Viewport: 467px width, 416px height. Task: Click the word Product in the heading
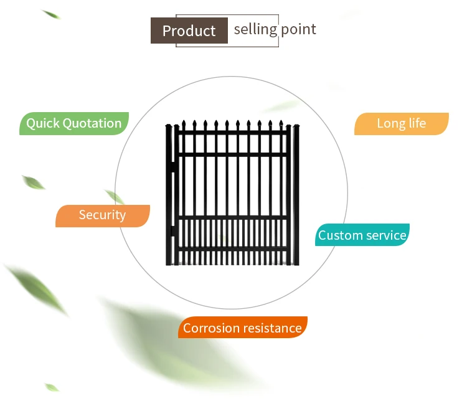[189, 31]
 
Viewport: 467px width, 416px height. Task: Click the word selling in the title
[255, 29]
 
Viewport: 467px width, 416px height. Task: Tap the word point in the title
[298, 29]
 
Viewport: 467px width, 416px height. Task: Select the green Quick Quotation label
[74, 123]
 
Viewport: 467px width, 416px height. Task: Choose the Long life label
[401, 123]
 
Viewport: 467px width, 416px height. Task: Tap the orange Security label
[102, 215]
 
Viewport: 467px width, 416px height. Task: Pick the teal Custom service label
[362, 235]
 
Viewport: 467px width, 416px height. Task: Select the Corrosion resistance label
[242, 328]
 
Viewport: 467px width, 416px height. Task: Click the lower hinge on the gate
[172, 231]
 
